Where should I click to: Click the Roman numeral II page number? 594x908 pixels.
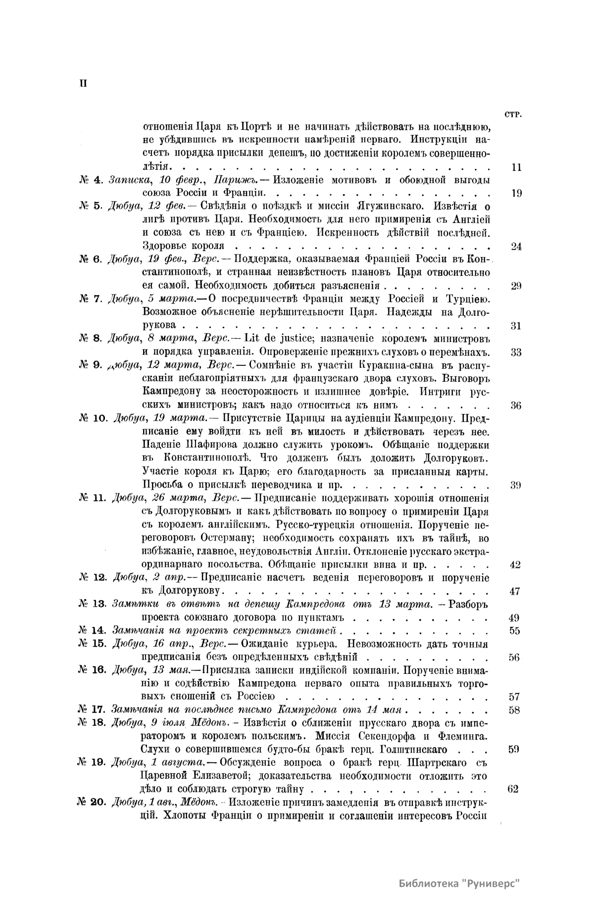tap(83, 83)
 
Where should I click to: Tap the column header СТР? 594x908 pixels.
tap(514, 114)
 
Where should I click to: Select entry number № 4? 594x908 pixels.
tap(91, 180)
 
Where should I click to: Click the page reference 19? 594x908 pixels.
tap(516, 194)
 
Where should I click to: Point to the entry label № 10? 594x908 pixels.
tap(93, 417)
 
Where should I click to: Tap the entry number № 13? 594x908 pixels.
tap(93, 604)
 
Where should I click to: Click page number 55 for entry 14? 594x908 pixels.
tap(514, 630)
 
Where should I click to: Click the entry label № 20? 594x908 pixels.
tap(93, 802)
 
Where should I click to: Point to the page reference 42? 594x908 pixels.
tap(515, 564)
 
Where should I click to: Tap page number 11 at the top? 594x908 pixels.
tap(516, 167)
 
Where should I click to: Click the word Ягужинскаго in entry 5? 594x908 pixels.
tap(396, 206)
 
